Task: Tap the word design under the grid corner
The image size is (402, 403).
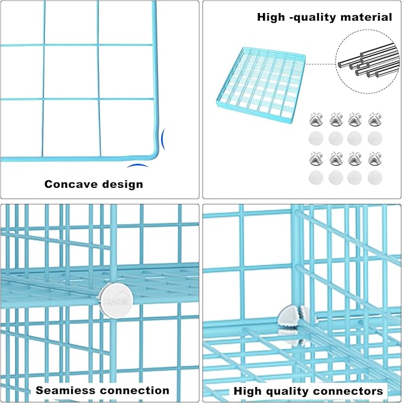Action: (x=121, y=184)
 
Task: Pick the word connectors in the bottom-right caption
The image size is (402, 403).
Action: (x=349, y=391)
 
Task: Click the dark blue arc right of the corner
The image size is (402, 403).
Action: (x=164, y=139)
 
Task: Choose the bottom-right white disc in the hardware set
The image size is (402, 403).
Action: (x=374, y=177)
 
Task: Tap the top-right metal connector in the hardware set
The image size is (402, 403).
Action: (x=374, y=120)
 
